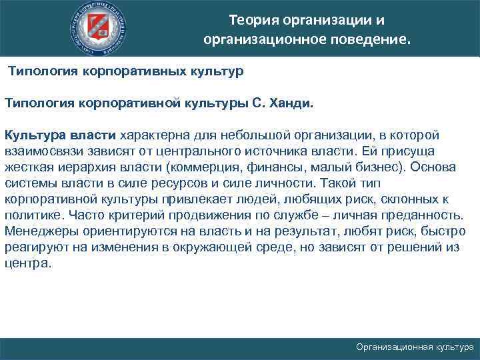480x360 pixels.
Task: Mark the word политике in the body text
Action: [x=33, y=215]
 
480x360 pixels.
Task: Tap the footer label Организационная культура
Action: [x=415, y=347]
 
